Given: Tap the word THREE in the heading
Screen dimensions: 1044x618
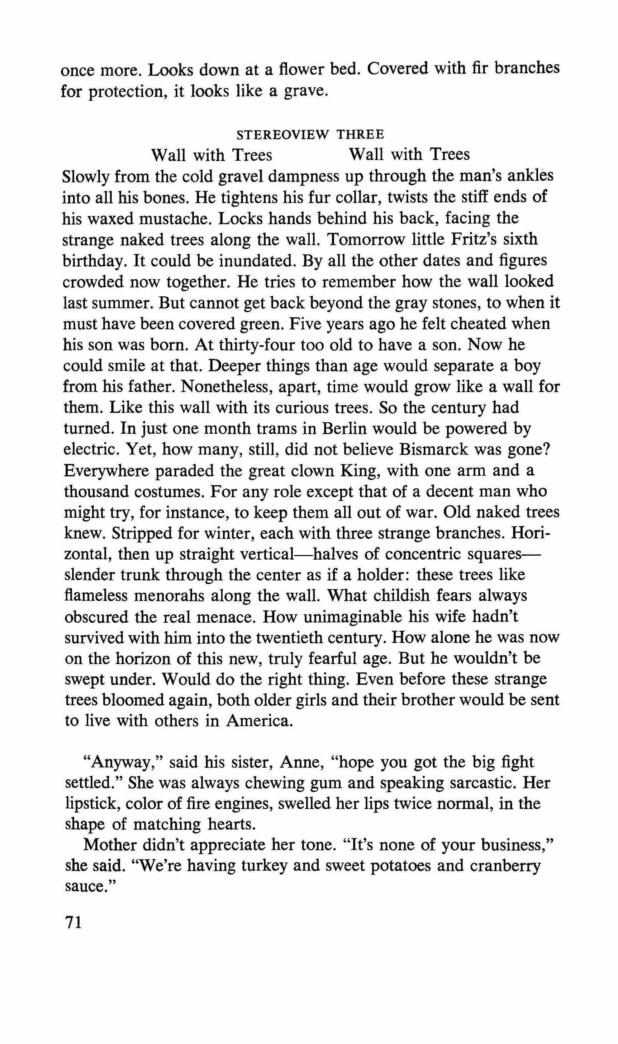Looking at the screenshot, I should tap(360, 135).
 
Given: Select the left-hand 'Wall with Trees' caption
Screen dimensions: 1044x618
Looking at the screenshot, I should tap(211, 155).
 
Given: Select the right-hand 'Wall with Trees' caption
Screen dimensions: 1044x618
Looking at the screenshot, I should tap(409, 155).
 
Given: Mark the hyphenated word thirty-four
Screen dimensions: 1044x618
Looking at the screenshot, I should tap(240, 345).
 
